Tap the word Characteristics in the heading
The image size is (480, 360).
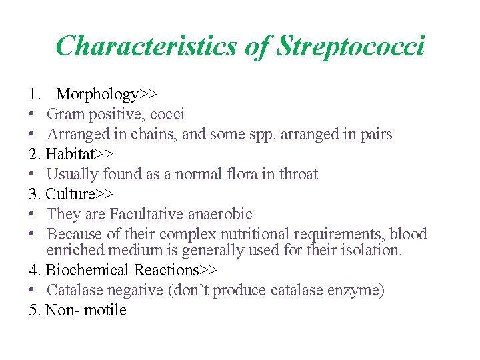[146, 47]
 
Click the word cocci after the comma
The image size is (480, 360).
[166, 115]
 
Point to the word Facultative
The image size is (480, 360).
[148, 215]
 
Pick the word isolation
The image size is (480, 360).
[374, 251]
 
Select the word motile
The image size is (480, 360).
[105, 311]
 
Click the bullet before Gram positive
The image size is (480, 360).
[33, 115]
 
